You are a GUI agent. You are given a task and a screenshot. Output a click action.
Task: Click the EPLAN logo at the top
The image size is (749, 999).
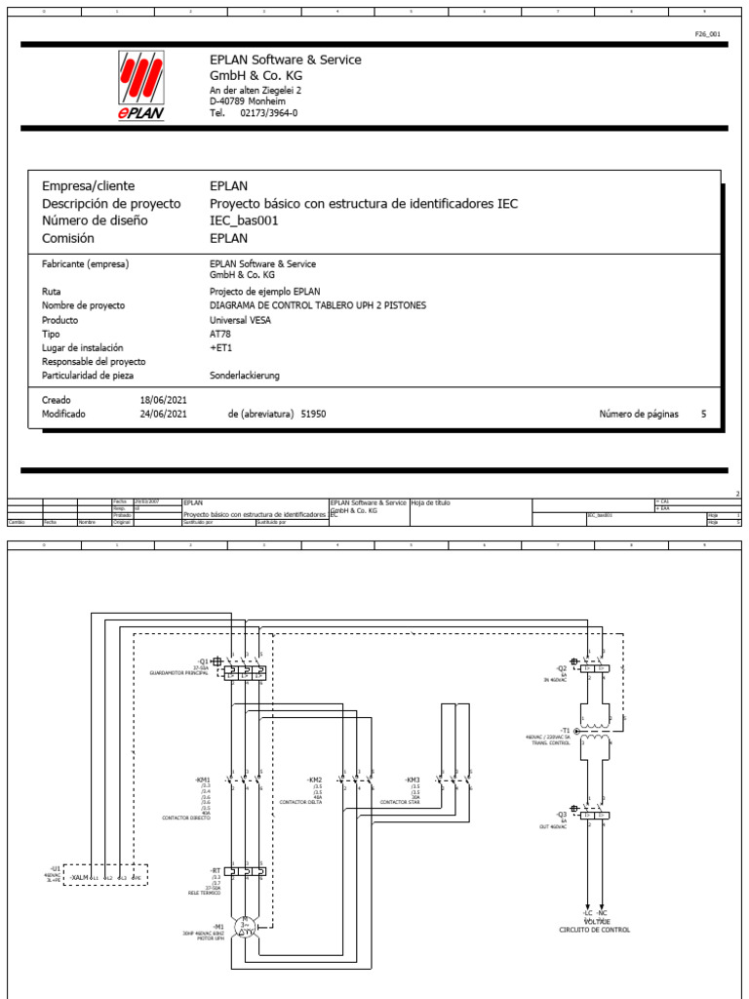coord(140,86)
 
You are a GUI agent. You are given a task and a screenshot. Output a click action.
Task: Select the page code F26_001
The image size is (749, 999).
coord(707,34)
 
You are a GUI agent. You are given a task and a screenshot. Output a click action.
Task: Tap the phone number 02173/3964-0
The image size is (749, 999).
coord(268,113)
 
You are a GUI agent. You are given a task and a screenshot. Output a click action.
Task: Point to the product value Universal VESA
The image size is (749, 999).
coord(242,319)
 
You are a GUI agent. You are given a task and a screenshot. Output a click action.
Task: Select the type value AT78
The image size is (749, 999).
coord(220,334)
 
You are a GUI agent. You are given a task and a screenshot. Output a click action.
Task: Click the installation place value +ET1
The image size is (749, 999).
coord(220,347)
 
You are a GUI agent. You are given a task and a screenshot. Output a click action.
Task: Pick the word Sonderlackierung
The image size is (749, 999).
coord(244,375)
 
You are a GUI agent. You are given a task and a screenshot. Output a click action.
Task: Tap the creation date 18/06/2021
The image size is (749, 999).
coord(164,400)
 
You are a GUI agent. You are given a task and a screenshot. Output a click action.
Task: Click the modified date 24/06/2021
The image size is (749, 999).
coord(164,414)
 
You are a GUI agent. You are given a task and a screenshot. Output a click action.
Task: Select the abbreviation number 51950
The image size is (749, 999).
coord(313,414)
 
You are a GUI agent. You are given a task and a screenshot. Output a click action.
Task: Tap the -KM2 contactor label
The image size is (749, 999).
coord(314,779)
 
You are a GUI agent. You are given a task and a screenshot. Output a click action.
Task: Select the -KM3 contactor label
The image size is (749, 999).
coord(413,779)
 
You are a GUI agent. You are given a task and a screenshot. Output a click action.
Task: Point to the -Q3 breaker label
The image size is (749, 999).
coord(562,813)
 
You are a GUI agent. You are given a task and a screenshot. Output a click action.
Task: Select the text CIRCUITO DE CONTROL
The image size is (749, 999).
coord(595,930)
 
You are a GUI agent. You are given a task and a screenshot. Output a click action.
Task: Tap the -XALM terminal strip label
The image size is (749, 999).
coord(80,877)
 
